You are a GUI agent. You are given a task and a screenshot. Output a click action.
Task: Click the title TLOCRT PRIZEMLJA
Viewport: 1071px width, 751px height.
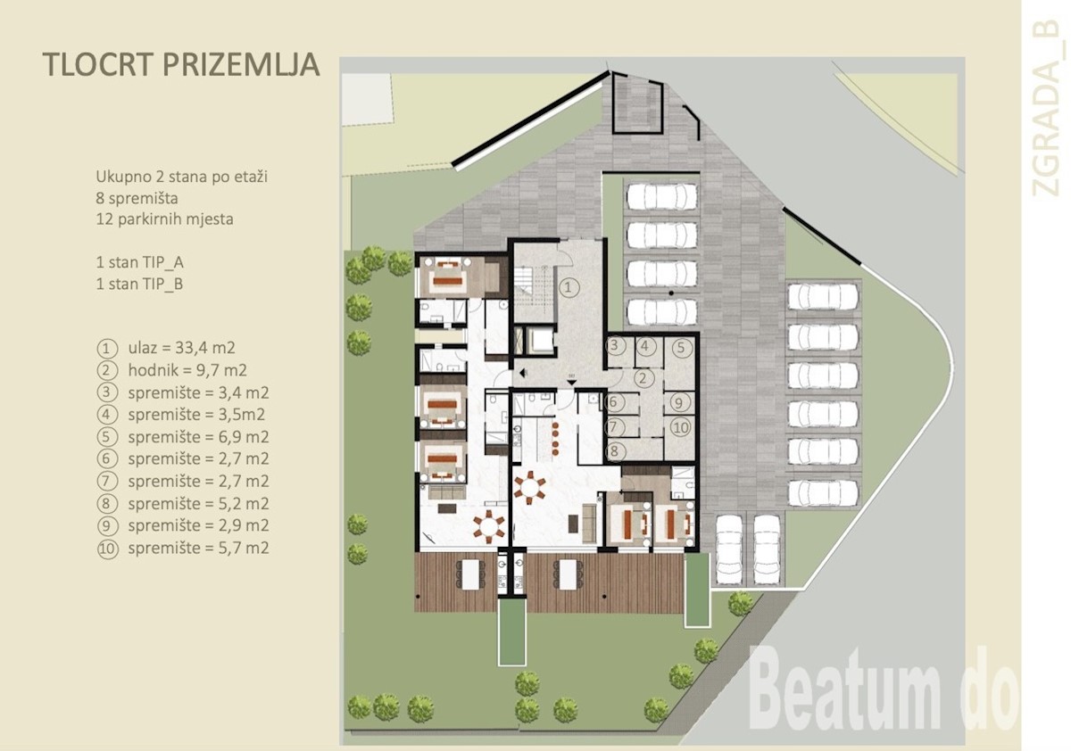(x=181, y=64)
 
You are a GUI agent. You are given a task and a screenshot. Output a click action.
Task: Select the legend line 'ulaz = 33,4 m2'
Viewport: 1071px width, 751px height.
(x=182, y=348)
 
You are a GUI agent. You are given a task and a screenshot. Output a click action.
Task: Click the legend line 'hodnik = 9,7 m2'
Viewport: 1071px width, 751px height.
(x=187, y=370)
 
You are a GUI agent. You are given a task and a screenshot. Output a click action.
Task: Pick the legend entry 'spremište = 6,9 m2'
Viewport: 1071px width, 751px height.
(x=198, y=437)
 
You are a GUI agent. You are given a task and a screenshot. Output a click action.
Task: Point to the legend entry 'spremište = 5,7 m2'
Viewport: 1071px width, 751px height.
(x=198, y=548)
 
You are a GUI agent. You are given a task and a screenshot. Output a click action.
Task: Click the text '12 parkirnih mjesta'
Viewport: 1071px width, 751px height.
(x=165, y=219)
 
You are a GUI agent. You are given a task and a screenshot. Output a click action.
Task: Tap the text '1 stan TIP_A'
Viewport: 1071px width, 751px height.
(x=139, y=262)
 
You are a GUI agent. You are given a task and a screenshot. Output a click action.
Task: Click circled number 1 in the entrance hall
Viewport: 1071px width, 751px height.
(x=568, y=287)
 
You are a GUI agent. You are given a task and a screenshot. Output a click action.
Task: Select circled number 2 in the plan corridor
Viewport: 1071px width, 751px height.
(x=643, y=378)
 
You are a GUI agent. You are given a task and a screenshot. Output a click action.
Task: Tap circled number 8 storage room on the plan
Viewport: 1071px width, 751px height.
(x=614, y=451)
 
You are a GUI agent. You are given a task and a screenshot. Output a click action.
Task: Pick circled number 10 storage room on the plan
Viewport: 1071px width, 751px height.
(x=680, y=427)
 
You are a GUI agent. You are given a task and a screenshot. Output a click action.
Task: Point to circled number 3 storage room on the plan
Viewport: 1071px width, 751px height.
(x=615, y=345)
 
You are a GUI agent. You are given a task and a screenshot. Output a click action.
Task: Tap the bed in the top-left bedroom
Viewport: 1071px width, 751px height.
(x=448, y=277)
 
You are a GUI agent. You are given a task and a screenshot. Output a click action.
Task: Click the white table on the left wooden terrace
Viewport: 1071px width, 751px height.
(x=471, y=574)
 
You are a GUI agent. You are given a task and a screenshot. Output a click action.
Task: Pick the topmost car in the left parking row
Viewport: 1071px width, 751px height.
(x=662, y=196)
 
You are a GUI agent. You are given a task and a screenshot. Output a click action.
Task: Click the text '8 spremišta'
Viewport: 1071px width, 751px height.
(x=137, y=198)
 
